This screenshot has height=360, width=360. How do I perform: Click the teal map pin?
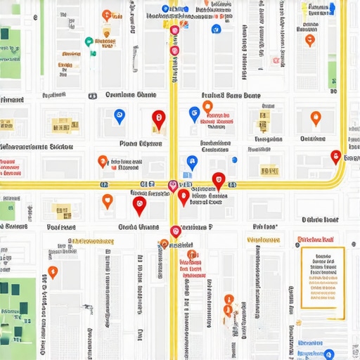[89, 41]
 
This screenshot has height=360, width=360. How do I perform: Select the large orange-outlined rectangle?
[323, 277]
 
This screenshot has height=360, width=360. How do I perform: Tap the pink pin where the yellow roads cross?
[173, 186]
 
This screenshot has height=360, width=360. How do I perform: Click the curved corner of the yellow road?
[340, 172]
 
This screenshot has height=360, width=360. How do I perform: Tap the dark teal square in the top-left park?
[6, 34]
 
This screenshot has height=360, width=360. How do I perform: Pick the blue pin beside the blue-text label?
[328, 354]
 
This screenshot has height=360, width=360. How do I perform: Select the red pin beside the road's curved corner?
[335, 156]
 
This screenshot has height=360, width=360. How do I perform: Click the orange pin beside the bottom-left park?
[53, 271]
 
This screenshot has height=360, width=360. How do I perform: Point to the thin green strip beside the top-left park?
[42, 42]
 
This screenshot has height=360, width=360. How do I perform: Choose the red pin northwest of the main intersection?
[158, 120]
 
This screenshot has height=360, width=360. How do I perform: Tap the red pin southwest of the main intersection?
[139, 205]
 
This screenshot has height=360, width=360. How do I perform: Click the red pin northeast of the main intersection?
[219, 180]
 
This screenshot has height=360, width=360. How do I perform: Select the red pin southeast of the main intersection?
[184, 197]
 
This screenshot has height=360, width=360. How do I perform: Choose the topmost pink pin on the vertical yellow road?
[174, 30]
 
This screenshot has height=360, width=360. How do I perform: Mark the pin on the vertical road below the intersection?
[176, 230]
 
